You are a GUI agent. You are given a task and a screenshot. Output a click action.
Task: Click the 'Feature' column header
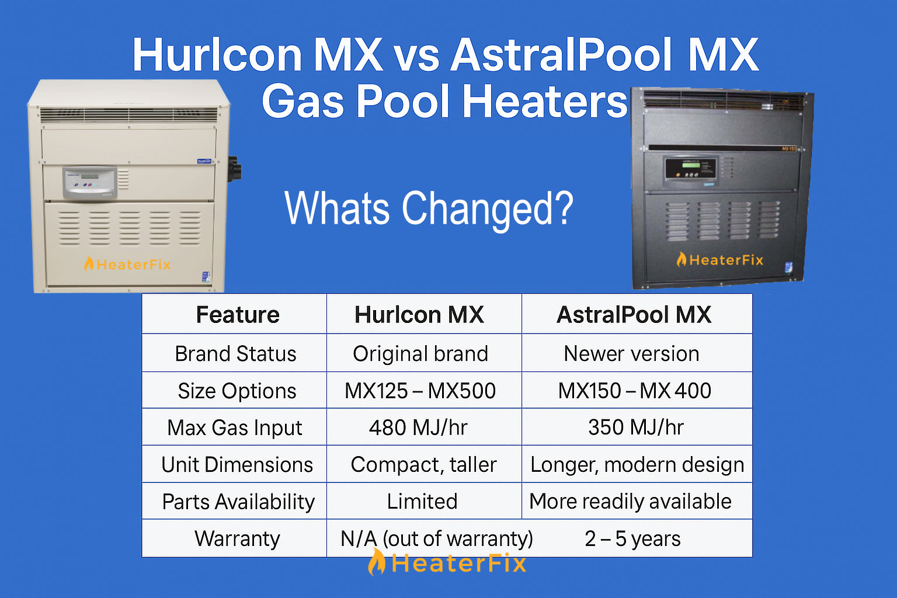[x=238, y=314]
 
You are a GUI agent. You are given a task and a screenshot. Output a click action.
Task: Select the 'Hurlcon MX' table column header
[x=419, y=314]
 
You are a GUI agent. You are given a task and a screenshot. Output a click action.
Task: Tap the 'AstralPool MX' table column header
[x=634, y=314]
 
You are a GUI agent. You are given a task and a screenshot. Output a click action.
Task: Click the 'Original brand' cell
[x=420, y=354]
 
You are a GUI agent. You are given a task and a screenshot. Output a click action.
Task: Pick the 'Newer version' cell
[x=631, y=354]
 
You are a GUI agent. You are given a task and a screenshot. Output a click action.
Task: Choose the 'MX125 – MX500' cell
[x=420, y=391]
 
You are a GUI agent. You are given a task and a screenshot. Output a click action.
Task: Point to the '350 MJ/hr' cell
[x=636, y=427]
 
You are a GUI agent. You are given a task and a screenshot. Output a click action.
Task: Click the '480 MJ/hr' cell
[x=418, y=427]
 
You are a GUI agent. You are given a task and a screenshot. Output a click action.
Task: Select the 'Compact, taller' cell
[x=423, y=465]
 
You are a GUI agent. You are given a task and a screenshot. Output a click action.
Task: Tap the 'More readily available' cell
[x=630, y=501]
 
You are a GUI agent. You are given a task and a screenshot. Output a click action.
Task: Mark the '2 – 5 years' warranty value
[x=632, y=538]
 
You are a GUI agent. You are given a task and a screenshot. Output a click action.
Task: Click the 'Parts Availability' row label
[x=238, y=502]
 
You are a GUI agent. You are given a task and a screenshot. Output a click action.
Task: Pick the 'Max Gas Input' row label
[x=235, y=428]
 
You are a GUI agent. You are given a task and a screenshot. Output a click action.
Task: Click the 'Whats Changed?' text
[x=429, y=208]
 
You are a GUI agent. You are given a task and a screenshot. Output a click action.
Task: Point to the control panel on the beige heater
[x=90, y=183]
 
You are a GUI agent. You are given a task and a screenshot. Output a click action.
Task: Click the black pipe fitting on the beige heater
[x=235, y=169]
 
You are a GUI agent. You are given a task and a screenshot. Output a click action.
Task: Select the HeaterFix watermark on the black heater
[x=719, y=260]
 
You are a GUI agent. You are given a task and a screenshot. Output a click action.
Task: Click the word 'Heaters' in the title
[x=544, y=101]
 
